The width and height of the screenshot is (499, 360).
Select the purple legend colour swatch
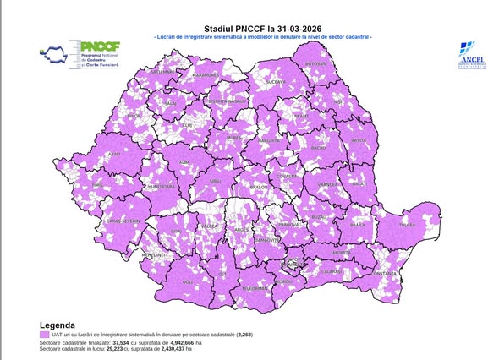[44, 335]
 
